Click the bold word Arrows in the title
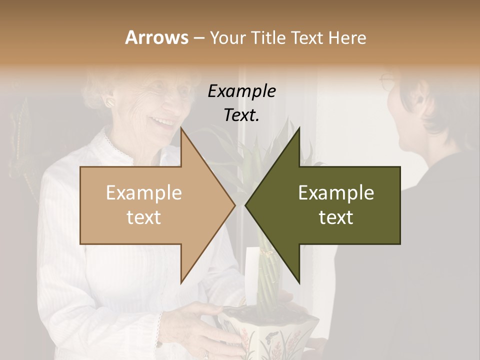(156, 37)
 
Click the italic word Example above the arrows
(241, 91)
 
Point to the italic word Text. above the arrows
(241, 115)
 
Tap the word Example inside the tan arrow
(144, 193)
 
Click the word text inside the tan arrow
(144, 217)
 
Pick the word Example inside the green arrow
(336, 193)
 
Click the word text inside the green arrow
(336, 217)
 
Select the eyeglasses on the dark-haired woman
(388, 80)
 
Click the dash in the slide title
(198, 38)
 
